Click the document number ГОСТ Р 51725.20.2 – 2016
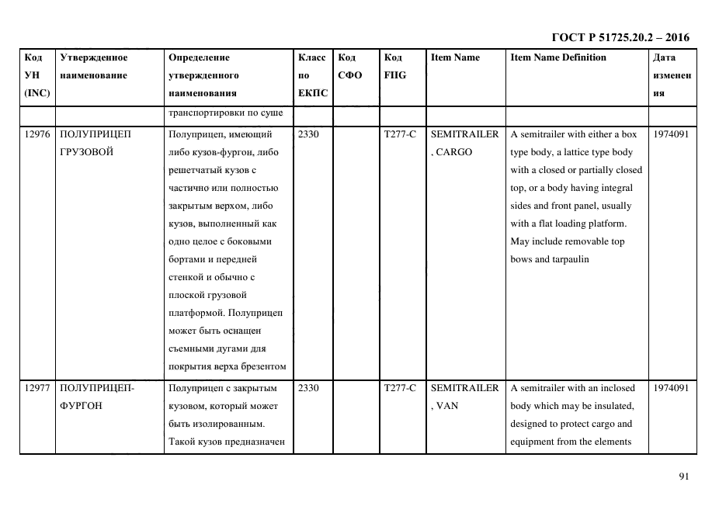620,37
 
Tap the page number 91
683,477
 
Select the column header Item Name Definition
558,57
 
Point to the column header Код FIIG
394,67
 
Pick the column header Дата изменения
672,75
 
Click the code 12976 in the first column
37,134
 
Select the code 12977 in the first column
37,388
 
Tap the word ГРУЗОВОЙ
86,152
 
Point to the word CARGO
453,152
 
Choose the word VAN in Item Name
446,406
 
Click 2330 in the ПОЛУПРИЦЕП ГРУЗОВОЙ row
308,134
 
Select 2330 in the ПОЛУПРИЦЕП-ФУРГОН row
308,388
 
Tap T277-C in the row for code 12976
400,134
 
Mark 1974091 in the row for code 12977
672,388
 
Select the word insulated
616,406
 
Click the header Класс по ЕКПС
313,75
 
